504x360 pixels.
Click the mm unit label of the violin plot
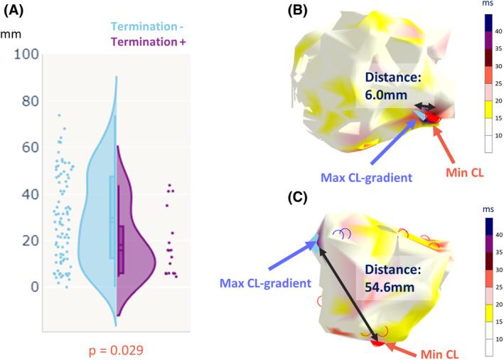point(11,33)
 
